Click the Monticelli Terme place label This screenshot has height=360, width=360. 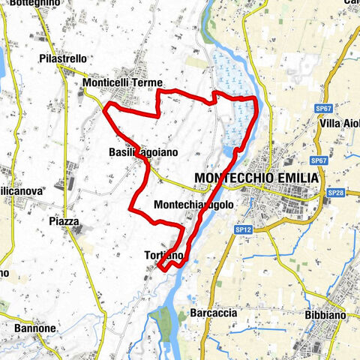(124, 83)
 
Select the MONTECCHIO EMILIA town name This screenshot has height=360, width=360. (256, 178)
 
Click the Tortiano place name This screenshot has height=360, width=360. (163, 256)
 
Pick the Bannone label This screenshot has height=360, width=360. (35, 328)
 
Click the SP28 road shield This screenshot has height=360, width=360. (335, 193)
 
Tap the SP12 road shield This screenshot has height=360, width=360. (242, 228)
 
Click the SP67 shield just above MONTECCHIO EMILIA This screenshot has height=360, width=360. (318, 160)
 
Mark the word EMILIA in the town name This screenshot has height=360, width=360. (297, 178)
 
